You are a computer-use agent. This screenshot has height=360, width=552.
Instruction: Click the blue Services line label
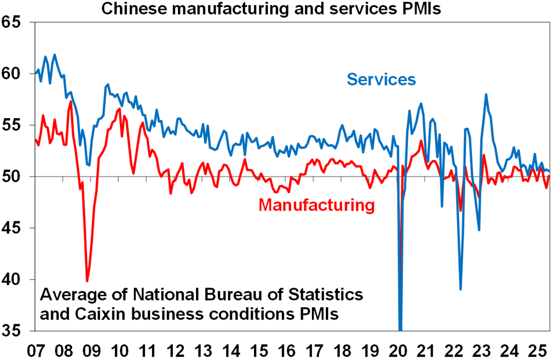(x=381, y=79)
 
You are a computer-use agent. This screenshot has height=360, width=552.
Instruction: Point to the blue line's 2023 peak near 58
(x=486, y=94)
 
